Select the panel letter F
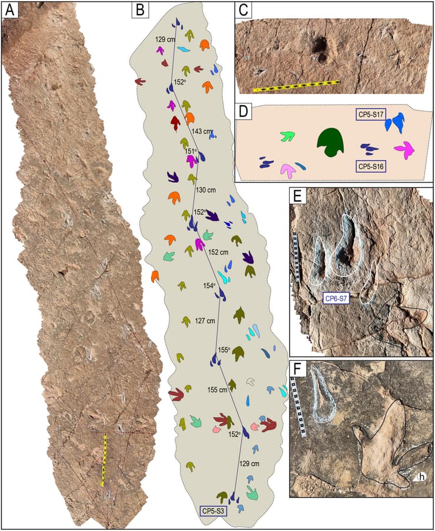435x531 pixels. coord(298,369)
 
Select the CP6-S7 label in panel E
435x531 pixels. coord(337,299)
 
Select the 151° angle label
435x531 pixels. coord(190,151)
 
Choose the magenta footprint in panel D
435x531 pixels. coord(406,150)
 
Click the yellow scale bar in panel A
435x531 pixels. coord(104,459)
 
